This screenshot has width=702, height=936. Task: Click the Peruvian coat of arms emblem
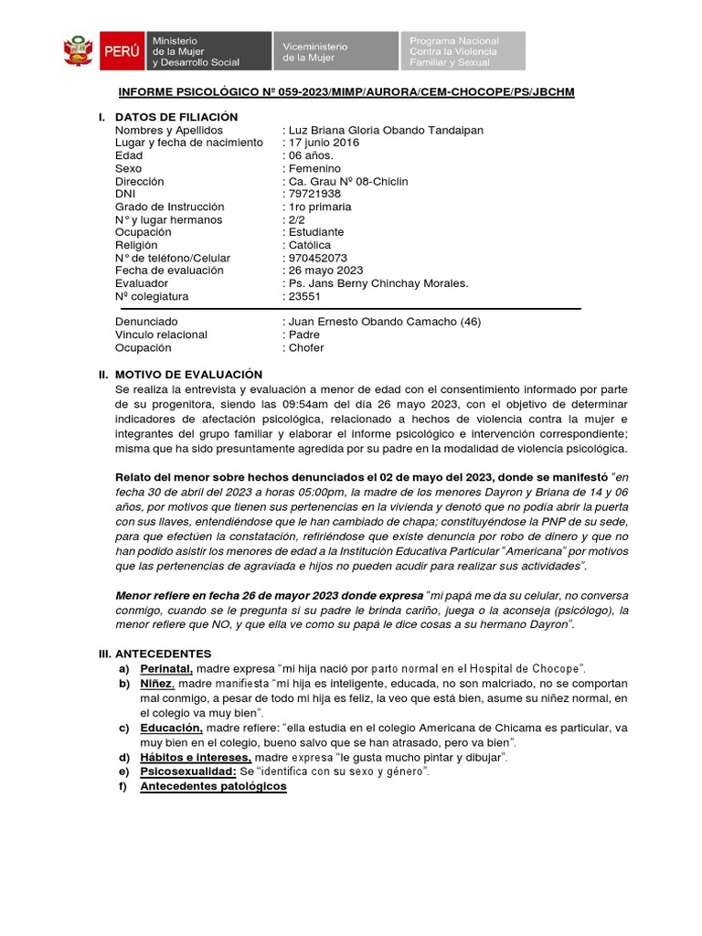[x=78, y=50]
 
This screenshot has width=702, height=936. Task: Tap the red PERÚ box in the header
[x=119, y=51]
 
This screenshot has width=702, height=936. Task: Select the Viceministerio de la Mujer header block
[x=335, y=51]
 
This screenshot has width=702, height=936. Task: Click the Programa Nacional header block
[x=463, y=51]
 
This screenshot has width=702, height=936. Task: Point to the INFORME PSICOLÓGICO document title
[x=346, y=93]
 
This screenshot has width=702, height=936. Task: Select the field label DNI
[x=125, y=194]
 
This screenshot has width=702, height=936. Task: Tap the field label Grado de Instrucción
[x=168, y=207]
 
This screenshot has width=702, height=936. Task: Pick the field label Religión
[x=136, y=245]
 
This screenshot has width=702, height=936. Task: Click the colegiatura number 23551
[x=304, y=296]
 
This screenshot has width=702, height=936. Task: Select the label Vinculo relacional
[x=161, y=335]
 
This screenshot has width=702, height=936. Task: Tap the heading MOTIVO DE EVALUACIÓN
[x=188, y=375]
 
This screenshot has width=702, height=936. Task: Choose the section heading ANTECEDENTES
[x=162, y=654]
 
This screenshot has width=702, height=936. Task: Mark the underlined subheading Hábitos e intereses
[x=195, y=758]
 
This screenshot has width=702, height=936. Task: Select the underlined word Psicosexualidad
[x=186, y=771]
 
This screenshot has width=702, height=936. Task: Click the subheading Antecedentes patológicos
[x=213, y=786]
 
